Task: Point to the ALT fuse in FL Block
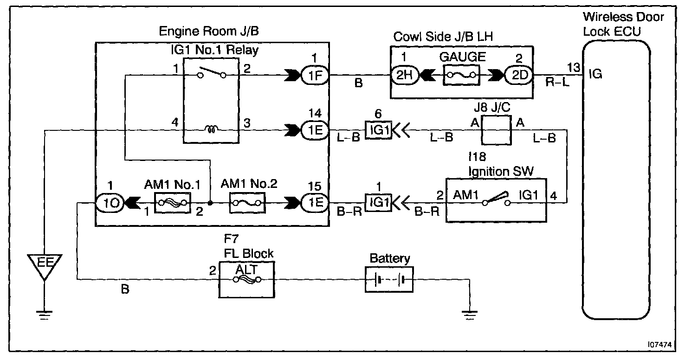pyautogui.click(x=246, y=279)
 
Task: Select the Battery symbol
pyautogui.click(x=389, y=280)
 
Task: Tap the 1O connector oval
pyautogui.click(x=110, y=203)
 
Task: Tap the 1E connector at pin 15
pyautogui.click(x=315, y=203)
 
